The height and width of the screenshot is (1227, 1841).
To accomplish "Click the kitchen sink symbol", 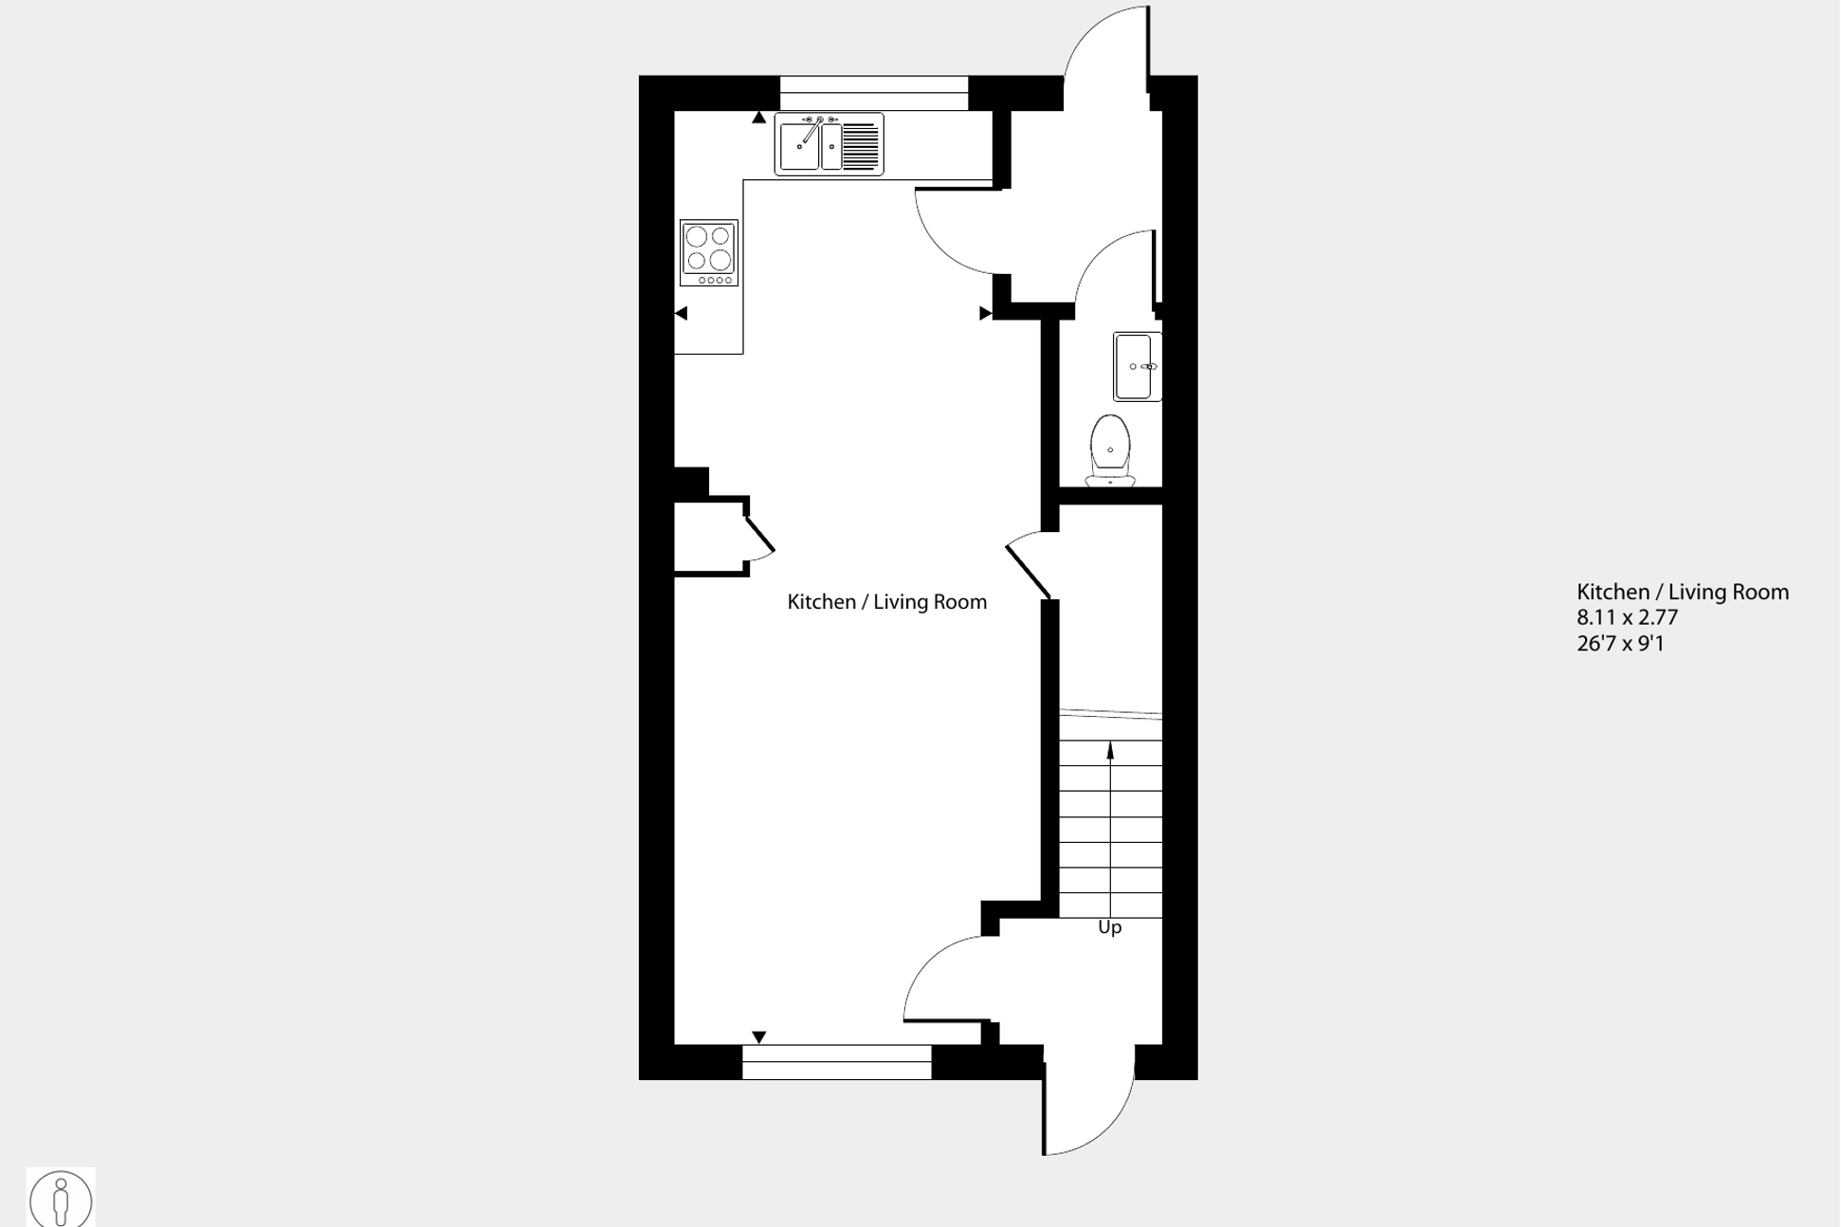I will click(x=829, y=144).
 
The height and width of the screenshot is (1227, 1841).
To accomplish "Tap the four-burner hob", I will click(x=708, y=252).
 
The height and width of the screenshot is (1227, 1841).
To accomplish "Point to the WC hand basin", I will click(x=1137, y=366).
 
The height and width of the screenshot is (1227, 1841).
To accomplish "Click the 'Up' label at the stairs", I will click(x=1109, y=927).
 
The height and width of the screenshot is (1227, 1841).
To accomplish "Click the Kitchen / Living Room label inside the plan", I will click(x=886, y=602).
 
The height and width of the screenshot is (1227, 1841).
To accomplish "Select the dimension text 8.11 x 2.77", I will click(x=1627, y=617).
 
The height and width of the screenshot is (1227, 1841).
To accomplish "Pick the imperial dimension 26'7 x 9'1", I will click(x=1619, y=644).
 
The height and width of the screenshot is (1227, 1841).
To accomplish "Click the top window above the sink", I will click(x=873, y=93).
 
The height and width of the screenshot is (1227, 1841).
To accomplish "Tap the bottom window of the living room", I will click(x=836, y=1062).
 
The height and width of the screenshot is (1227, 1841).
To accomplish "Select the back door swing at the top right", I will click(x=1104, y=47).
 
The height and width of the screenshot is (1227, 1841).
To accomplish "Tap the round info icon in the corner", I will click(x=61, y=1200).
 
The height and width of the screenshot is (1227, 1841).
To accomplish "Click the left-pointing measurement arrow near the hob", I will click(x=681, y=313).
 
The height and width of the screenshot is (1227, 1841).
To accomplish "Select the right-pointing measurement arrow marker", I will click(x=985, y=313).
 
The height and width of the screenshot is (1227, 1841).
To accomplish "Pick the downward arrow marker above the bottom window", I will click(x=758, y=1037).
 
